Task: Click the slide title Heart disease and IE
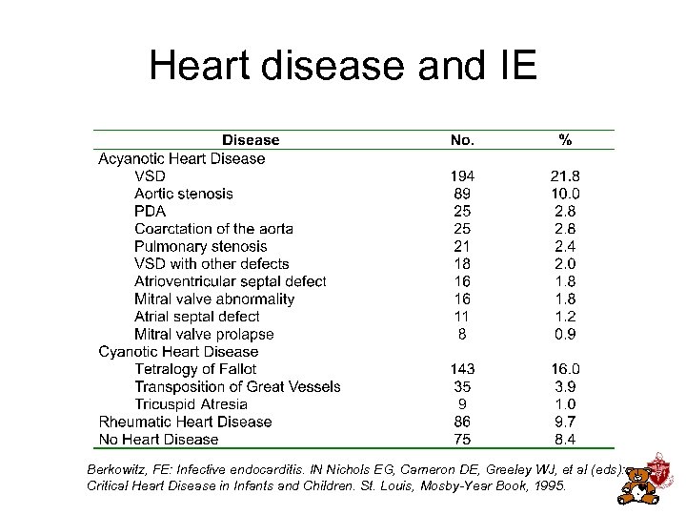click(x=343, y=67)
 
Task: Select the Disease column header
click(x=251, y=140)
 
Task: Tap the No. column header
click(x=462, y=140)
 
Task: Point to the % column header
click(x=565, y=140)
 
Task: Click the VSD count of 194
click(x=462, y=176)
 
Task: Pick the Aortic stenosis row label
click(x=184, y=194)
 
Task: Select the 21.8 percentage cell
click(x=565, y=176)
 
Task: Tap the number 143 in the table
click(x=462, y=369)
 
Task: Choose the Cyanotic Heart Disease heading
click(x=178, y=352)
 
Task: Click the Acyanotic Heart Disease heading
click(x=182, y=158)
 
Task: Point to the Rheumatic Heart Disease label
click(x=185, y=422)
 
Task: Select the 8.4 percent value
click(x=565, y=440)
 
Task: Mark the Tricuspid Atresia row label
click(x=191, y=404)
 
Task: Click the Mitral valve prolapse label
click(x=204, y=334)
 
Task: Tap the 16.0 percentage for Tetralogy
click(x=565, y=369)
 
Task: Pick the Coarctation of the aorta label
click(x=213, y=229)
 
